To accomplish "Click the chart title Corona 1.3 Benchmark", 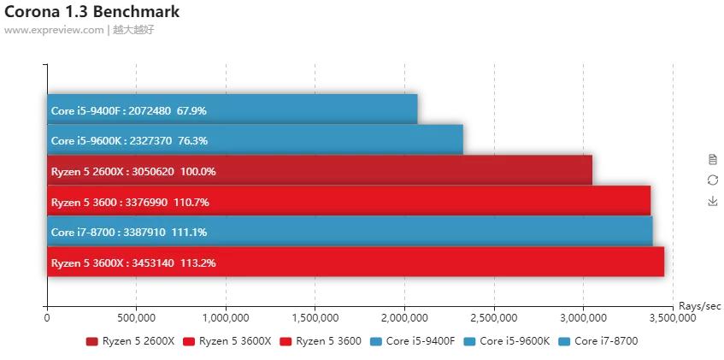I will point(91,12).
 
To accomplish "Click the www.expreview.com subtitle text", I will point(53,29).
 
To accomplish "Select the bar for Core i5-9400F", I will point(232,109).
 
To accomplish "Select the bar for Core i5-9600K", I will point(255,140).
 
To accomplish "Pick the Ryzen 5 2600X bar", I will point(319,171).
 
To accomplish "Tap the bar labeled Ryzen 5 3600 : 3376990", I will point(348,202).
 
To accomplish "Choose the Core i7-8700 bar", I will point(349,232).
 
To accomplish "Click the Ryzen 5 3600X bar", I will point(355,263).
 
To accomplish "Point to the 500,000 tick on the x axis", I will point(136,318).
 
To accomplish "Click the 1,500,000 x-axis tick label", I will point(315,318).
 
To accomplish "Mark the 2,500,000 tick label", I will point(493,318).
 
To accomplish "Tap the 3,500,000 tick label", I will point(673,318).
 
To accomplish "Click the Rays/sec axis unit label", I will point(700,306).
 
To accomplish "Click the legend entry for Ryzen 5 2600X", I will point(130,341).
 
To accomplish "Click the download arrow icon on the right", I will point(713,201).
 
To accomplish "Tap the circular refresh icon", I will point(713,180).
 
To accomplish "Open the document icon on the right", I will point(713,159).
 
